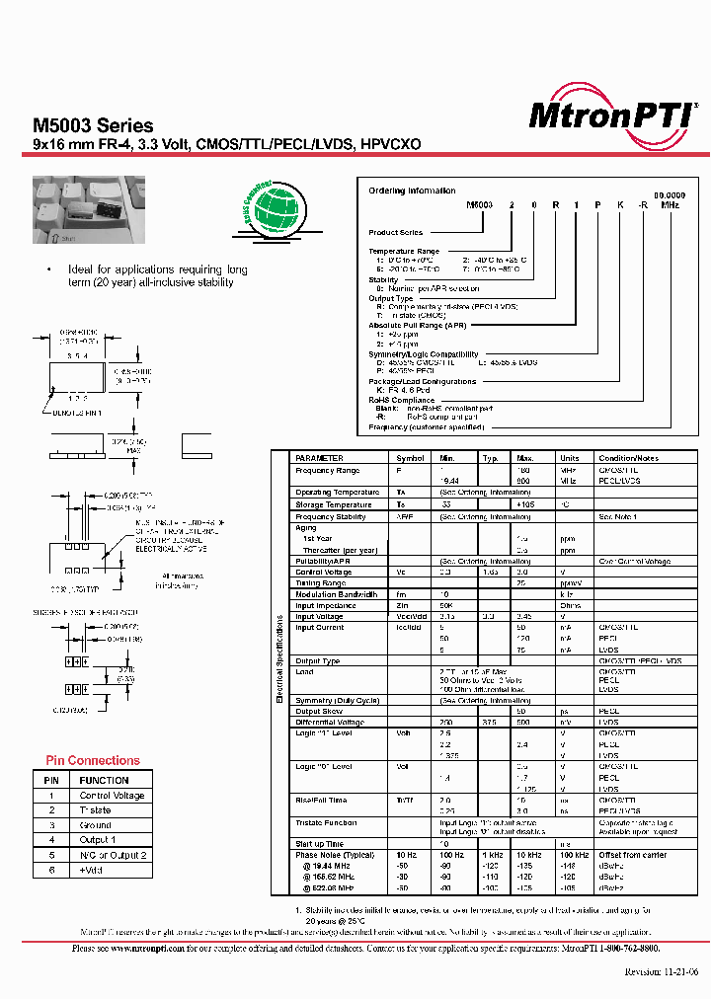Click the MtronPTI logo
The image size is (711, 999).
[x=611, y=115]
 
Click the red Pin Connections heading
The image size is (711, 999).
[x=93, y=760]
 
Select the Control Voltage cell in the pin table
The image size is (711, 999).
[x=112, y=796]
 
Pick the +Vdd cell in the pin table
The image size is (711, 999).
[x=95, y=870]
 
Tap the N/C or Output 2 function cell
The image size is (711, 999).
[x=113, y=855]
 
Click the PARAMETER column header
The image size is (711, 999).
[x=319, y=458]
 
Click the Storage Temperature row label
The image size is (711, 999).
[x=334, y=504]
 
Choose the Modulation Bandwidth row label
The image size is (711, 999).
[x=336, y=593]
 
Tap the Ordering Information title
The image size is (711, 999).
[x=412, y=191]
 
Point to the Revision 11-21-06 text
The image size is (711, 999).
[x=661, y=970]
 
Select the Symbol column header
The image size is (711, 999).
[x=410, y=458]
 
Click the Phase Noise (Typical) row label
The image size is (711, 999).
[x=334, y=855]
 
